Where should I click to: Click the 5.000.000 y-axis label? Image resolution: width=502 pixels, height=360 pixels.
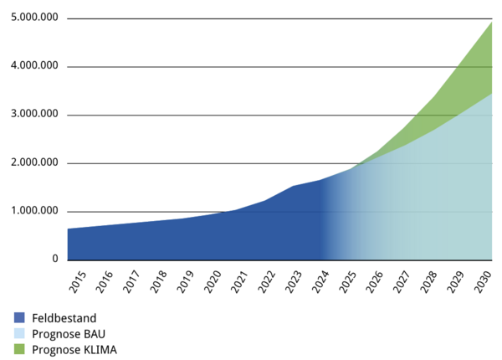(31, 18)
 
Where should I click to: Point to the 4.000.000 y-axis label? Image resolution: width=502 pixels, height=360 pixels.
(31, 66)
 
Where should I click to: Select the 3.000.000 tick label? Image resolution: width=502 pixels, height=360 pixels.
(31, 115)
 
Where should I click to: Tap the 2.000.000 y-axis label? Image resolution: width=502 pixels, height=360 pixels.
(31, 162)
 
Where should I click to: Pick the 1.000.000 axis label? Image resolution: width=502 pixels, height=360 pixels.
(31, 211)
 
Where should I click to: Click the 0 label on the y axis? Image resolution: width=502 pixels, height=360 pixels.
(55, 260)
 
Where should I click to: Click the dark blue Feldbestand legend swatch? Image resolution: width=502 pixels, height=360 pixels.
(18, 318)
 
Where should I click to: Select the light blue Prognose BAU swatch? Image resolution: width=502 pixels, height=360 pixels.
(18, 333)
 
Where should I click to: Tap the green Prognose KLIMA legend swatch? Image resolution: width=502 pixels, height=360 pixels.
(18, 349)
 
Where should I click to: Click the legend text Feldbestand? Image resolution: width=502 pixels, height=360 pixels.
(64, 318)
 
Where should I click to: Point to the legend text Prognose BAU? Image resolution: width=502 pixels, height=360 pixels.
(69, 333)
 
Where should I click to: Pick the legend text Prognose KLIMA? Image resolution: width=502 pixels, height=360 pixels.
(74, 349)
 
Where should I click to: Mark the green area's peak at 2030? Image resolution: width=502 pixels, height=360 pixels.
(491, 23)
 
